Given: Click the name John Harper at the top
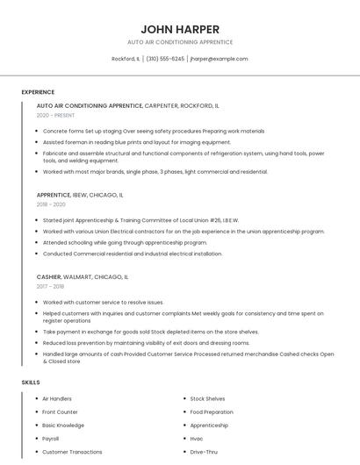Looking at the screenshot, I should pos(180,29).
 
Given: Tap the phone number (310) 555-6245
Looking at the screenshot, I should pos(165,59).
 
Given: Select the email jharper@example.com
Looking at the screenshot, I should pos(219,59).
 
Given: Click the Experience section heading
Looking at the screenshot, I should pos(38,92).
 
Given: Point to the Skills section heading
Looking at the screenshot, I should pos(31,383).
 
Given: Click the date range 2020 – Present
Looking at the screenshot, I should pos(55,115).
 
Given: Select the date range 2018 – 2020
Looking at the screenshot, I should pos(51,204).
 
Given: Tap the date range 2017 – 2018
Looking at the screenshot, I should pos(50,286).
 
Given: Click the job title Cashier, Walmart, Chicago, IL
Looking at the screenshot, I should pos(83,276).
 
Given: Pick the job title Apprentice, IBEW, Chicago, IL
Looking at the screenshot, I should pos(80,195).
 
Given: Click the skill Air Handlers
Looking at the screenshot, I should pos(57,399).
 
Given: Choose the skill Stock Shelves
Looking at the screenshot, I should pos(207,399).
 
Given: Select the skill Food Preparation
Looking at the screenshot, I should pos(212,412).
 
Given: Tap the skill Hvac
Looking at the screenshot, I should pos(197,439).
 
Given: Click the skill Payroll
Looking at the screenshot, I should pos(51,439).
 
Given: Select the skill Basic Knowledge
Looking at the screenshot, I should pos(63,426).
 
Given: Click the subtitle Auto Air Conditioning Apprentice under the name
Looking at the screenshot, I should pos(180,42).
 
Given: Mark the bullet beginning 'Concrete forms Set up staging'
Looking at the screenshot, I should pos(154,131).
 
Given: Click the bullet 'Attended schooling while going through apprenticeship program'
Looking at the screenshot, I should pos(125,242).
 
